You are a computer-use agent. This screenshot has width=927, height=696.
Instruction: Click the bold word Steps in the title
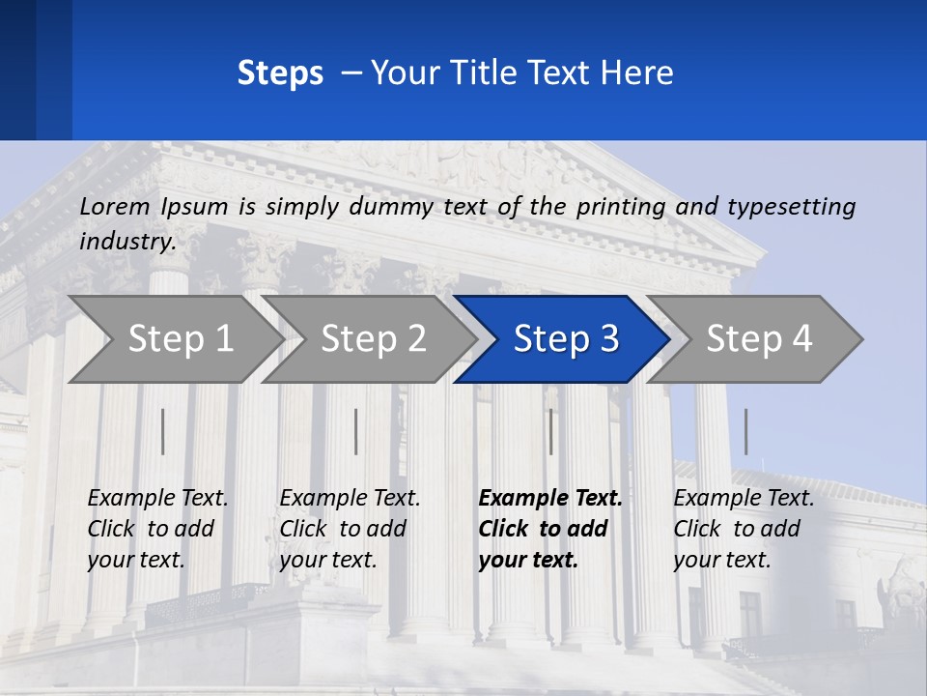[280, 72]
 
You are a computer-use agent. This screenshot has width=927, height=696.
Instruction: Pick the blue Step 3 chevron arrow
[566, 338]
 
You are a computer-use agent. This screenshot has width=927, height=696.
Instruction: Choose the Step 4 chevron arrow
[759, 338]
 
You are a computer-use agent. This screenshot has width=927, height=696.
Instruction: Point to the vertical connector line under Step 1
[162, 431]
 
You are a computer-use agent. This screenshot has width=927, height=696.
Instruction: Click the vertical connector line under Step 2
[356, 431]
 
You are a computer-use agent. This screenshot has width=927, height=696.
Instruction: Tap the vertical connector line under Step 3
[550, 431]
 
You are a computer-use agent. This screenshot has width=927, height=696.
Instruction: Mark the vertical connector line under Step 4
[745, 431]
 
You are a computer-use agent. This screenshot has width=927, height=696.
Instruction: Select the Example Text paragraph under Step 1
[157, 529]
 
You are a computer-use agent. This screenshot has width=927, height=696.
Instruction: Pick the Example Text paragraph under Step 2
[350, 529]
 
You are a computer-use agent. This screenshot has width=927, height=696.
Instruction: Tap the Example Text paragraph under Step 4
[744, 529]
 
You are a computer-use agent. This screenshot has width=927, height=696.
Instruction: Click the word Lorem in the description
[115, 206]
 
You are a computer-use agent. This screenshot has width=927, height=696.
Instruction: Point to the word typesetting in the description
[791, 206]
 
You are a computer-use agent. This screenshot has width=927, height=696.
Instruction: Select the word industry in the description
[126, 241]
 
